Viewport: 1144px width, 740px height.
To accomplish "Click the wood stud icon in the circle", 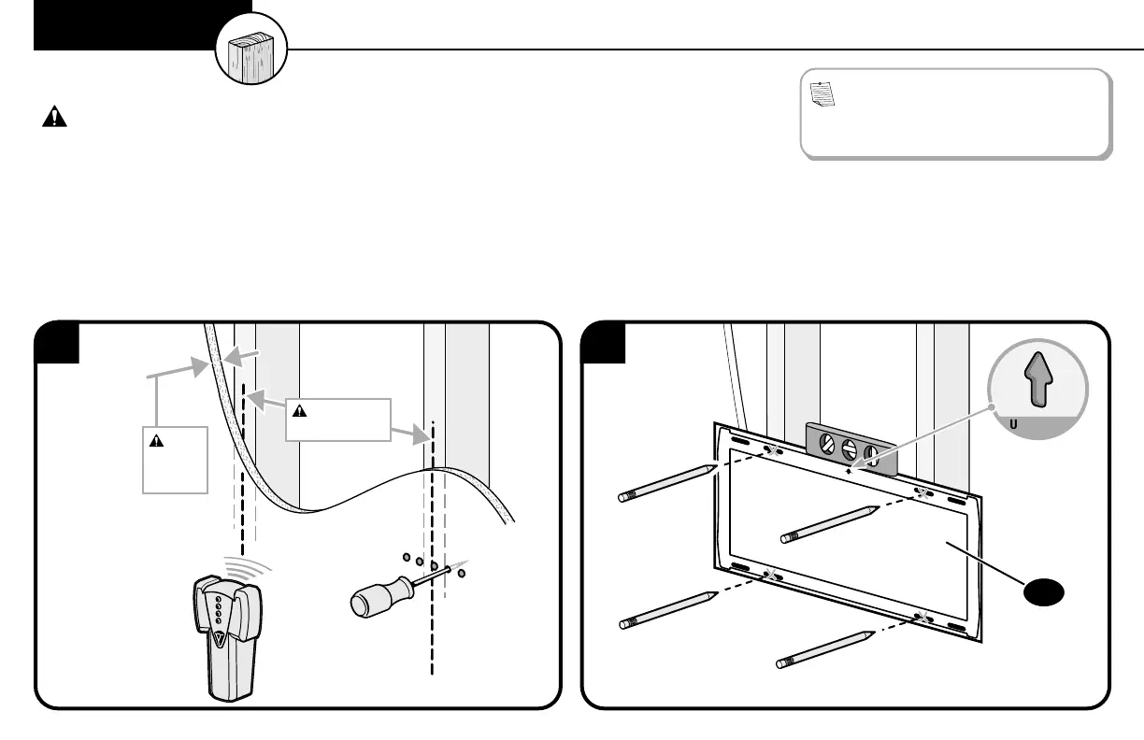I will [251, 51].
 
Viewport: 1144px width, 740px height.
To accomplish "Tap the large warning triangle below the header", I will [56, 117].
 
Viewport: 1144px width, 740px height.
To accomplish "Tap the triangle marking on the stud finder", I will [218, 641].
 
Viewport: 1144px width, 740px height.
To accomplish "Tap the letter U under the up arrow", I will [1013, 421].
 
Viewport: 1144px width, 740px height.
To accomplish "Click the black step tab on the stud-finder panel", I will [58, 343].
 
